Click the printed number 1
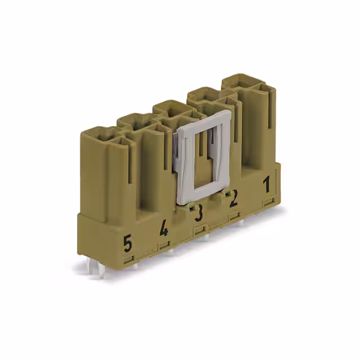point(267,184)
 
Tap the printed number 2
point(233,197)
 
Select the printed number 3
point(198,213)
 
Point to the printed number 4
point(164,228)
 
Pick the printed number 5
point(128,244)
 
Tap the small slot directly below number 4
point(164,244)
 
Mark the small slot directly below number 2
point(235,214)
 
